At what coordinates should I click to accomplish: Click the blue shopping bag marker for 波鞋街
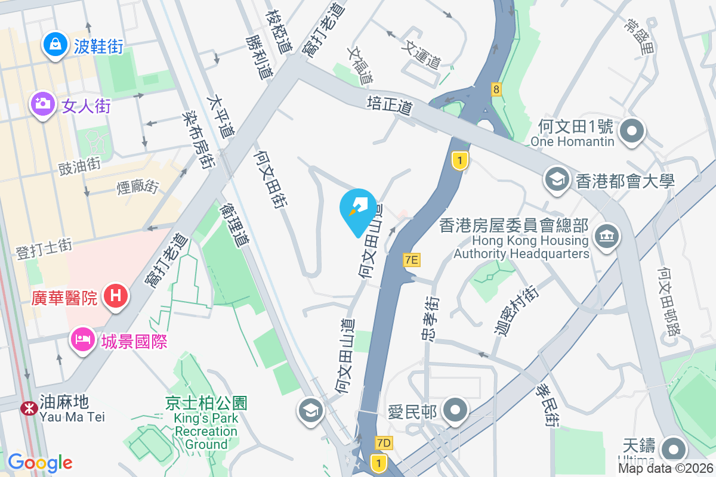(55, 45)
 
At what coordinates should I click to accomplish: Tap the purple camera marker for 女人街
(42, 104)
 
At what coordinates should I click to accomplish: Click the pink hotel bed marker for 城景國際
(82, 340)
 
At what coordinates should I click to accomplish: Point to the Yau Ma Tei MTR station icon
(27, 408)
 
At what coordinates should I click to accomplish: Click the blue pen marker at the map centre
(358, 209)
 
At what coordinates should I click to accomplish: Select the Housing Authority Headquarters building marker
(607, 236)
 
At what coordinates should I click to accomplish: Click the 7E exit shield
(412, 259)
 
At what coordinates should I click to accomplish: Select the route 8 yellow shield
(496, 89)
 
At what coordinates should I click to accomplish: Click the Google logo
(40, 462)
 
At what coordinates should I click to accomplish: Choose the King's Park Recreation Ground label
(206, 423)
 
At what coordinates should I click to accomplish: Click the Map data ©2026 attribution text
(665, 468)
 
